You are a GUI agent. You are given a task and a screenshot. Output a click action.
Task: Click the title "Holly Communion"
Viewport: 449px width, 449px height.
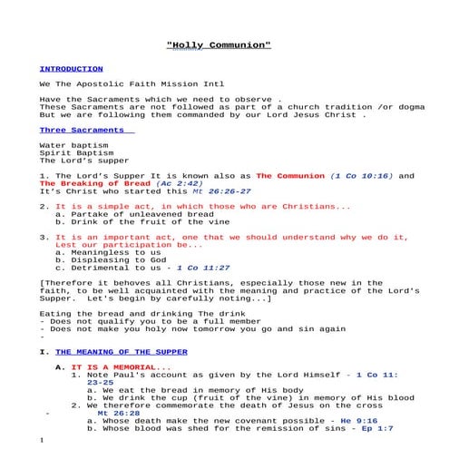(220, 45)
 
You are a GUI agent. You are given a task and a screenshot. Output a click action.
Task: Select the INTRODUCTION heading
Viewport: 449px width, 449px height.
(71, 69)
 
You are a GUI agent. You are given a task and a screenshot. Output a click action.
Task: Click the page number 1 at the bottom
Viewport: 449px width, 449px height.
(42, 440)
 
